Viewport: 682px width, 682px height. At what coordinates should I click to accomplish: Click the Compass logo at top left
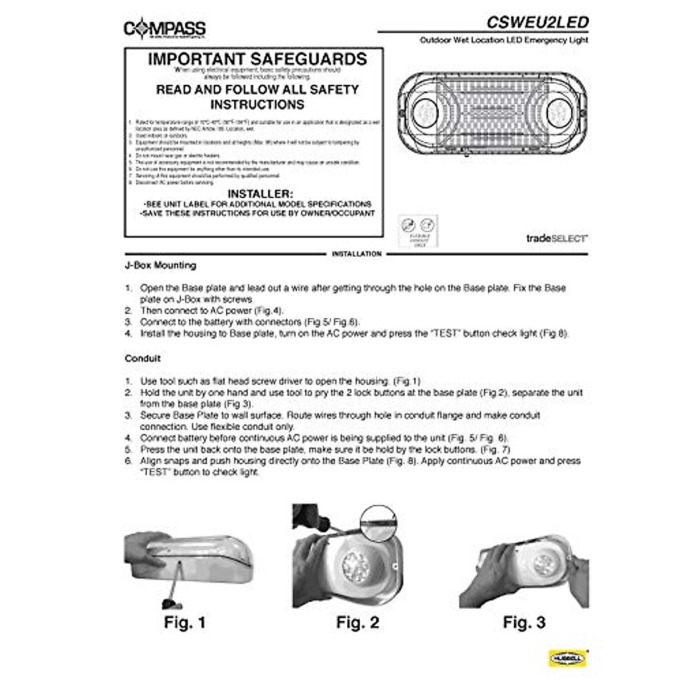tap(165, 28)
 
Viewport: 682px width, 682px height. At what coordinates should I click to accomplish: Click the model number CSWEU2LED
tap(537, 22)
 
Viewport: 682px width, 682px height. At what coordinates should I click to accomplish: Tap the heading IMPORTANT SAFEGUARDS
tap(257, 59)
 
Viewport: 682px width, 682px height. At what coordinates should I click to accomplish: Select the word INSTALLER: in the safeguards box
tap(260, 194)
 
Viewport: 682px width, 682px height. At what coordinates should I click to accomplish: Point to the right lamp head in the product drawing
tap(559, 109)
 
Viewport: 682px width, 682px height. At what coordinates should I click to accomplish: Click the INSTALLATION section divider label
tap(356, 254)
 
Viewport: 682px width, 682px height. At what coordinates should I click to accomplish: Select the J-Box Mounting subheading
tap(160, 265)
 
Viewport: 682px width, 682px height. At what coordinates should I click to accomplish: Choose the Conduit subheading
tap(143, 359)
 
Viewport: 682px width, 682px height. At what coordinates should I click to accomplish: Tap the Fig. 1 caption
tap(185, 622)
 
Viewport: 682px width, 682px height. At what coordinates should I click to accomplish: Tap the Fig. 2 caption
tap(357, 622)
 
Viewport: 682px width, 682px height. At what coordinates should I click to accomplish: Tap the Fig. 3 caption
tap(524, 622)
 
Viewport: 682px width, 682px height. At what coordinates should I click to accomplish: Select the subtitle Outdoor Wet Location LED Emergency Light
tap(504, 40)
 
